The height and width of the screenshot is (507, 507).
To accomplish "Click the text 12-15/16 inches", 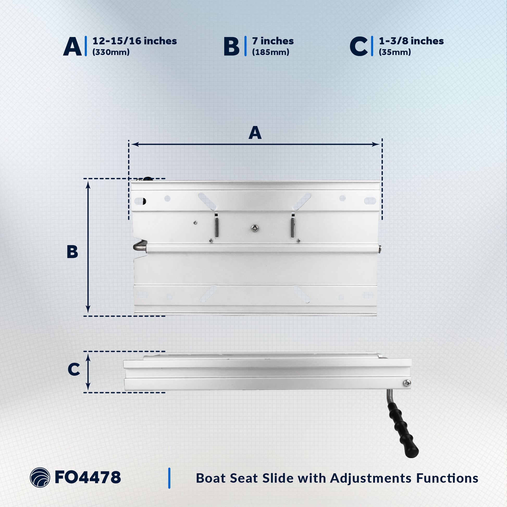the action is (135, 41).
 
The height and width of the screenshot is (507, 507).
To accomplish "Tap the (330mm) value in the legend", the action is (111, 52).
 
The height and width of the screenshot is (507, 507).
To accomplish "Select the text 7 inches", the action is (273, 41).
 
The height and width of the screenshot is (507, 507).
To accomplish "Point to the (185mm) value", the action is (270, 52).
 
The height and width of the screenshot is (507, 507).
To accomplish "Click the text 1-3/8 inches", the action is (411, 41).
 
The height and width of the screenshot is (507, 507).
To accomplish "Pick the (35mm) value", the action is (395, 52).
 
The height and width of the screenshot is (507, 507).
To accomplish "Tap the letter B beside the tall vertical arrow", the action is (72, 252).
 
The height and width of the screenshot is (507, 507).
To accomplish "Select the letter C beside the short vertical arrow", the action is (74, 369).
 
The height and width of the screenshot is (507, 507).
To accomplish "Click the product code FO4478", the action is (88, 477).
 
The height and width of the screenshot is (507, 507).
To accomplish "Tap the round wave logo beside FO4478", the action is (40, 478).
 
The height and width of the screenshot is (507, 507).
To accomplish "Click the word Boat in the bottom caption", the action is (211, 478).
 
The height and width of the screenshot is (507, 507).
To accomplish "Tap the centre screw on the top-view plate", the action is (254, 228).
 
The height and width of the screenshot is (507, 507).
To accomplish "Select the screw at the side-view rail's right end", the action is (407, 383).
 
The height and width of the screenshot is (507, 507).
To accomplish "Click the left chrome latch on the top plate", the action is (216, 225).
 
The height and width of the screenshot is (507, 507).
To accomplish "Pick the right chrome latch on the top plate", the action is (293, 225).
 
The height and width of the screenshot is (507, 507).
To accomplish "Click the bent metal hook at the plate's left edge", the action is (140, 246).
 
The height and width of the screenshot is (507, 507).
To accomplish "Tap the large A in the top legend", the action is (72, 46).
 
